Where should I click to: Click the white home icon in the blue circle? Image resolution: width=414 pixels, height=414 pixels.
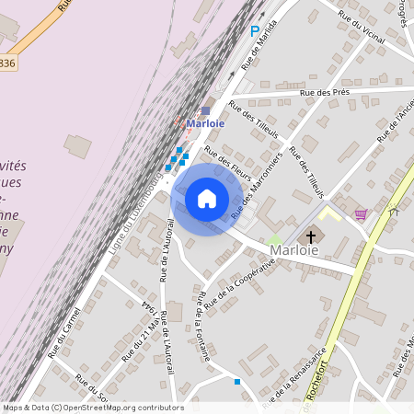pos(207,198)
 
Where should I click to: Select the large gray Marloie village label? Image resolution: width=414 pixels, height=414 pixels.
pos(294,249)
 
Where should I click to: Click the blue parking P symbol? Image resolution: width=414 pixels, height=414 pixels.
pos(255,31)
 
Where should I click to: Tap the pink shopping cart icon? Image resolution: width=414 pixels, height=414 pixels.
pos(361,214)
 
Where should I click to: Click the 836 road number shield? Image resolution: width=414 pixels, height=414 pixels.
pos(7,63)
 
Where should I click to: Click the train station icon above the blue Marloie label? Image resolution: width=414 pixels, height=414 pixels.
pos(206,110)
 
